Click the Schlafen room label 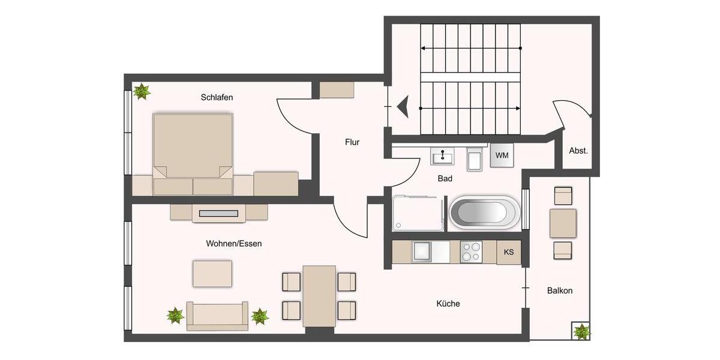click(x=217, y=97)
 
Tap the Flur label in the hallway click(x=352, y=142)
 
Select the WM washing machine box click(x=502, y=155)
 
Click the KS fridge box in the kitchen click(x=509, y=252)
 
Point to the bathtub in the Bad click(x=485, y=212)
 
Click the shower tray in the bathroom click(x=418, y=213)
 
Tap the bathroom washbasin click(x=443, y=157)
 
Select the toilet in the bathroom click(x=475, y=159)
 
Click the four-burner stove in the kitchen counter click(x=471, y=252)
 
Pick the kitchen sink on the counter click(x=422, y=252)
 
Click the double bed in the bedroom click(x=193, y=147)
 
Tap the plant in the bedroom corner click(x=142, y=91)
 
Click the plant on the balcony click(x=581, y=331)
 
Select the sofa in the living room click(x=217, y=316)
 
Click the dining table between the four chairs click(x=319, y=296)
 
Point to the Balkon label click(x=559, y=290)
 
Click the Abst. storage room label click(x=578, y=151)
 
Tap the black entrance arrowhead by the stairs click(x=403, y=107)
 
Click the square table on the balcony click(x=563, y=223)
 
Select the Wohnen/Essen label click(x=234, y=244)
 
